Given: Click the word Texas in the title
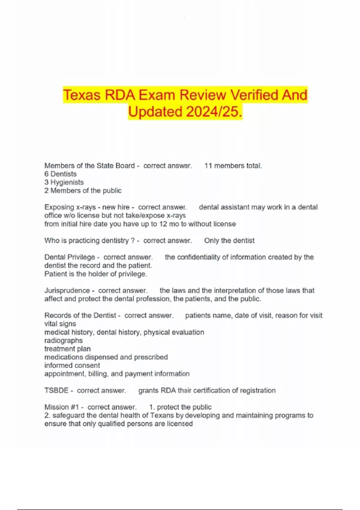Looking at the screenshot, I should tap(82, 95).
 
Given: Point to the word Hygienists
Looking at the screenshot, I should tap(67, 182).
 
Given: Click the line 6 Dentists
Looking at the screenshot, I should tap(60, 174).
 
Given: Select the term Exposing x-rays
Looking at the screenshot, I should tap(70, 207).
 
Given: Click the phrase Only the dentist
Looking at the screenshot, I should tap(229, 241).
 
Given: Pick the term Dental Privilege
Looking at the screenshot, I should tap(70, 257).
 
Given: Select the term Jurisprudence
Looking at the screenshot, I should tap(67, 291).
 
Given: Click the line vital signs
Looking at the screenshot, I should tap(60, 324).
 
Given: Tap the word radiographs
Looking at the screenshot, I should tap(63, 340).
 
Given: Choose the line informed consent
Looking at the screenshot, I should tap(72, 365).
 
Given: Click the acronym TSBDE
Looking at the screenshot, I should tap(56, 391).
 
